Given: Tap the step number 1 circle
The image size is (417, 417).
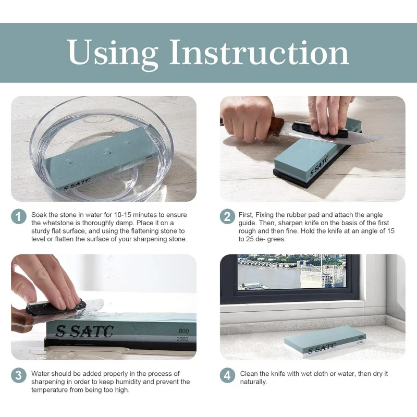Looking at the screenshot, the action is tap(19, 216).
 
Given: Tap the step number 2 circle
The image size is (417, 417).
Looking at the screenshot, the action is tap(227, 216).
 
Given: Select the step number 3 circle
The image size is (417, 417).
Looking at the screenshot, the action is tap(19, 375).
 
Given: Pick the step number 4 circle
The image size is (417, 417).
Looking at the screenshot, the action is tap(227, 375).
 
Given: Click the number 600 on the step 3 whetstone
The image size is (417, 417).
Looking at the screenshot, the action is tap(183, 331).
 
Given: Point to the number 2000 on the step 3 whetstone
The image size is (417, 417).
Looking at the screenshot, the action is tap(182, 339).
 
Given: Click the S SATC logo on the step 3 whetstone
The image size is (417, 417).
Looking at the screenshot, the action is tap(84, 332).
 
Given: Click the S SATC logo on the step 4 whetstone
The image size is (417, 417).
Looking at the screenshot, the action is tap(322, 348).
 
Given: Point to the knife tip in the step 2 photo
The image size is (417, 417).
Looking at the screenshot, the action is tap(384, 138).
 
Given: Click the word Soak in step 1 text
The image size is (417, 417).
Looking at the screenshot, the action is tap(39, 215).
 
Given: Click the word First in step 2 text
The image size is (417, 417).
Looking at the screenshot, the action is tap(246, 215).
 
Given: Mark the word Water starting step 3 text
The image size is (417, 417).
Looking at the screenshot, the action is tap(40, 374).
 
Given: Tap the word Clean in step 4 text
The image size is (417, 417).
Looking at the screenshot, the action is tap(249, 374).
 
